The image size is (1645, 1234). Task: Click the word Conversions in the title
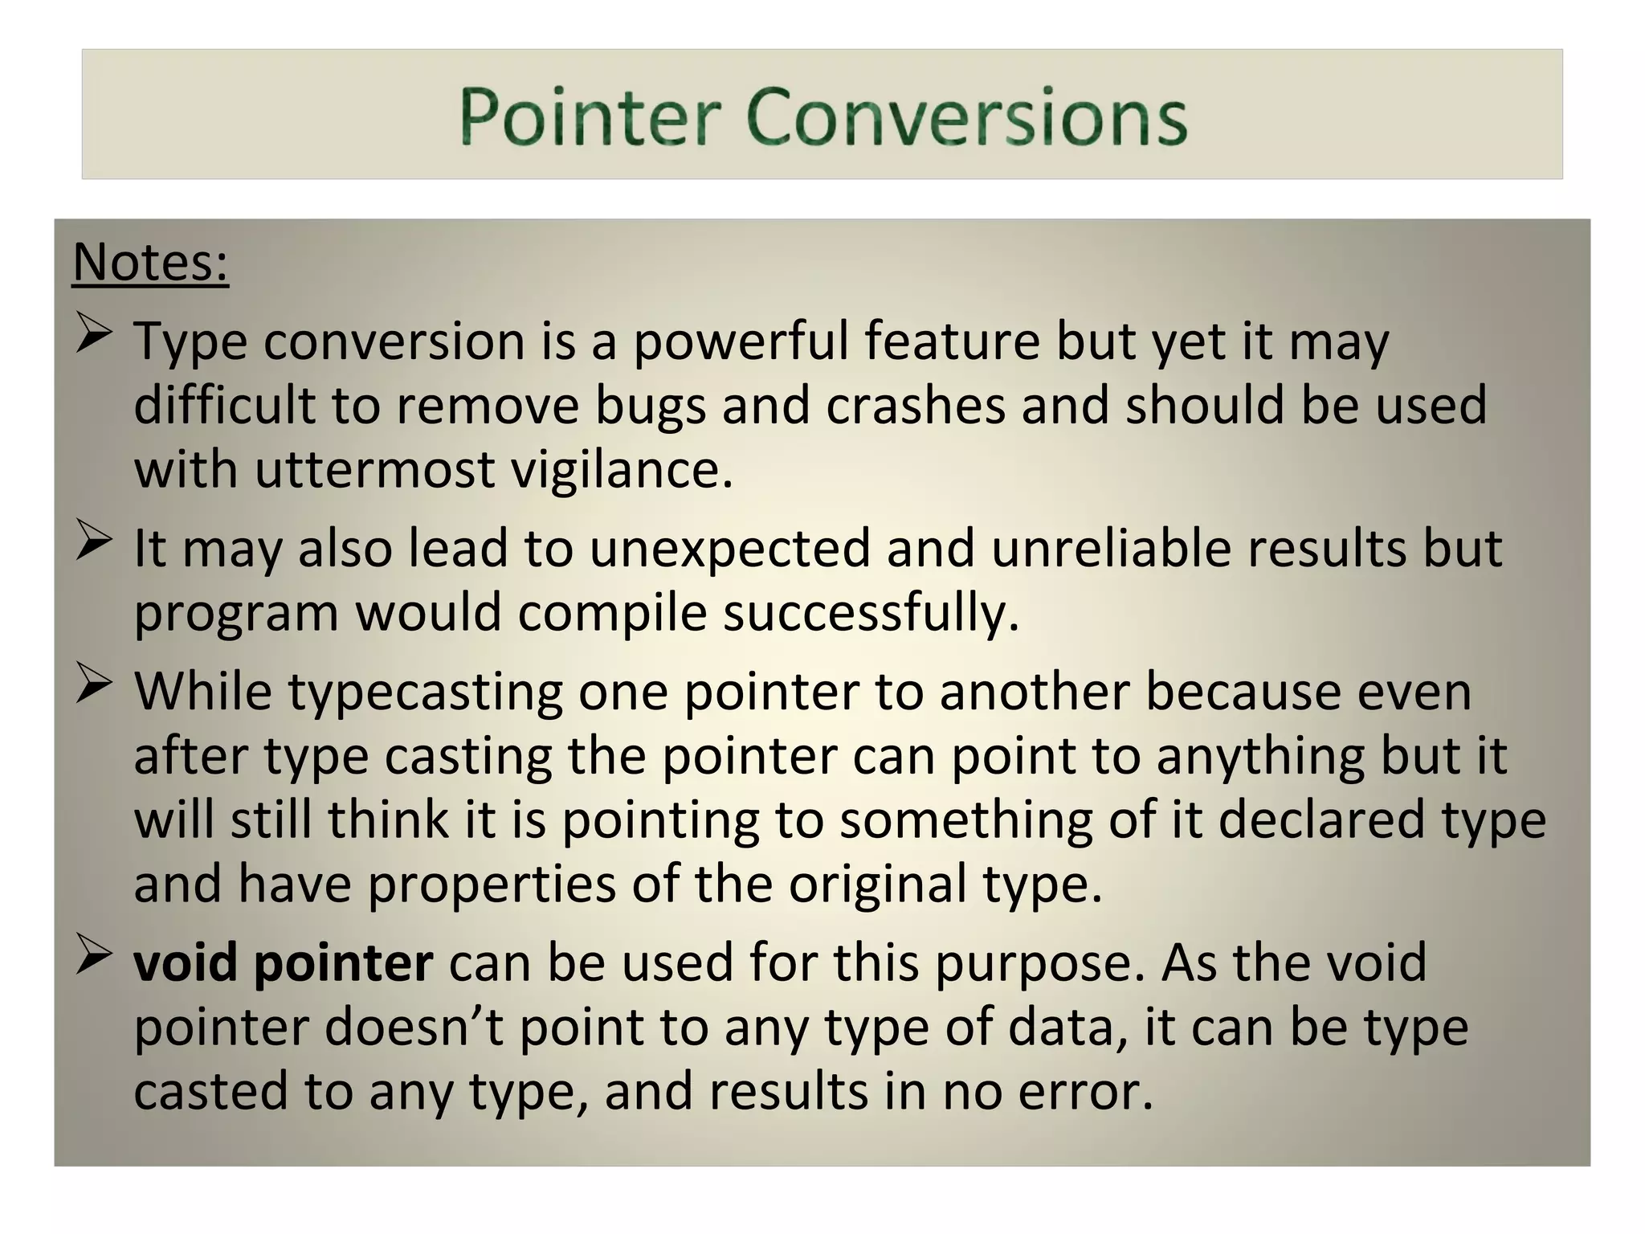point(966,117)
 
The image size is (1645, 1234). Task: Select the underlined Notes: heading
point(150,262)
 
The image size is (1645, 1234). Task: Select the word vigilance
point(622,469)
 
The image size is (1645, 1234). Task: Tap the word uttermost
point(375,469)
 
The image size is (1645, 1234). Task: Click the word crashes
point(915,405)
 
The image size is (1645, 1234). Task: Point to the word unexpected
point(730,549)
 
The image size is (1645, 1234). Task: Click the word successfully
point(871,613)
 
